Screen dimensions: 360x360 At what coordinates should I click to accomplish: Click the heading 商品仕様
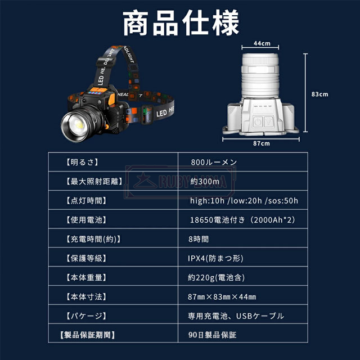tap(181, 23)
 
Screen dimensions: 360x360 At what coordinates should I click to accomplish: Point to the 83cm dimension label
tap(320, 94)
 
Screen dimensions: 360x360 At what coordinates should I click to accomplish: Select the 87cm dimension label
tap(262, 143)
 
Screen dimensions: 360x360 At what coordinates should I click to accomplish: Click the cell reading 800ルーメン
tap(214, 162)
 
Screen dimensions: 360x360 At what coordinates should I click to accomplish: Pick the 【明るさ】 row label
tap(82, 162)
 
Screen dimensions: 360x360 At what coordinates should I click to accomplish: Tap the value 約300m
tap(205, 181)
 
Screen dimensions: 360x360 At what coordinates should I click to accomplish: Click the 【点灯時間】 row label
tap(86, 201)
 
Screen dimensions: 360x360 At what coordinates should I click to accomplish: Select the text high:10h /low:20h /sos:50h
tap(244, 201)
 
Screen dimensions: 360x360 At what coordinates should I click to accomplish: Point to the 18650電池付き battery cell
tap(242, 220)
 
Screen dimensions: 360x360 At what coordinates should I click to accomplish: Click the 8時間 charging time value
tap(199, 239)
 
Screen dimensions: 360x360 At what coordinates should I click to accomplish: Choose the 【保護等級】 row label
tap(86, 258)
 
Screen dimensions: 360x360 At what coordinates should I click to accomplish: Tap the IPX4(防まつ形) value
tap(215, 258)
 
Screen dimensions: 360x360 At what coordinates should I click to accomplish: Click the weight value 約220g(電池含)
tap(216, 277)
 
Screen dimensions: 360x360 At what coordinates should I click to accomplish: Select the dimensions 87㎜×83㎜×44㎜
tap(222, 296)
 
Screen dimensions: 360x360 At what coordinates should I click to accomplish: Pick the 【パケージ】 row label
tap(86, 316)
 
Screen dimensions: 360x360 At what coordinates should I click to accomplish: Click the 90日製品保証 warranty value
tap(212, 335)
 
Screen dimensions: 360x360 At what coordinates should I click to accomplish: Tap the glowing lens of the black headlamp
tap(79, 124)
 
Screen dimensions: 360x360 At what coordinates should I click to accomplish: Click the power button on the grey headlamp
tap(258, 121)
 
